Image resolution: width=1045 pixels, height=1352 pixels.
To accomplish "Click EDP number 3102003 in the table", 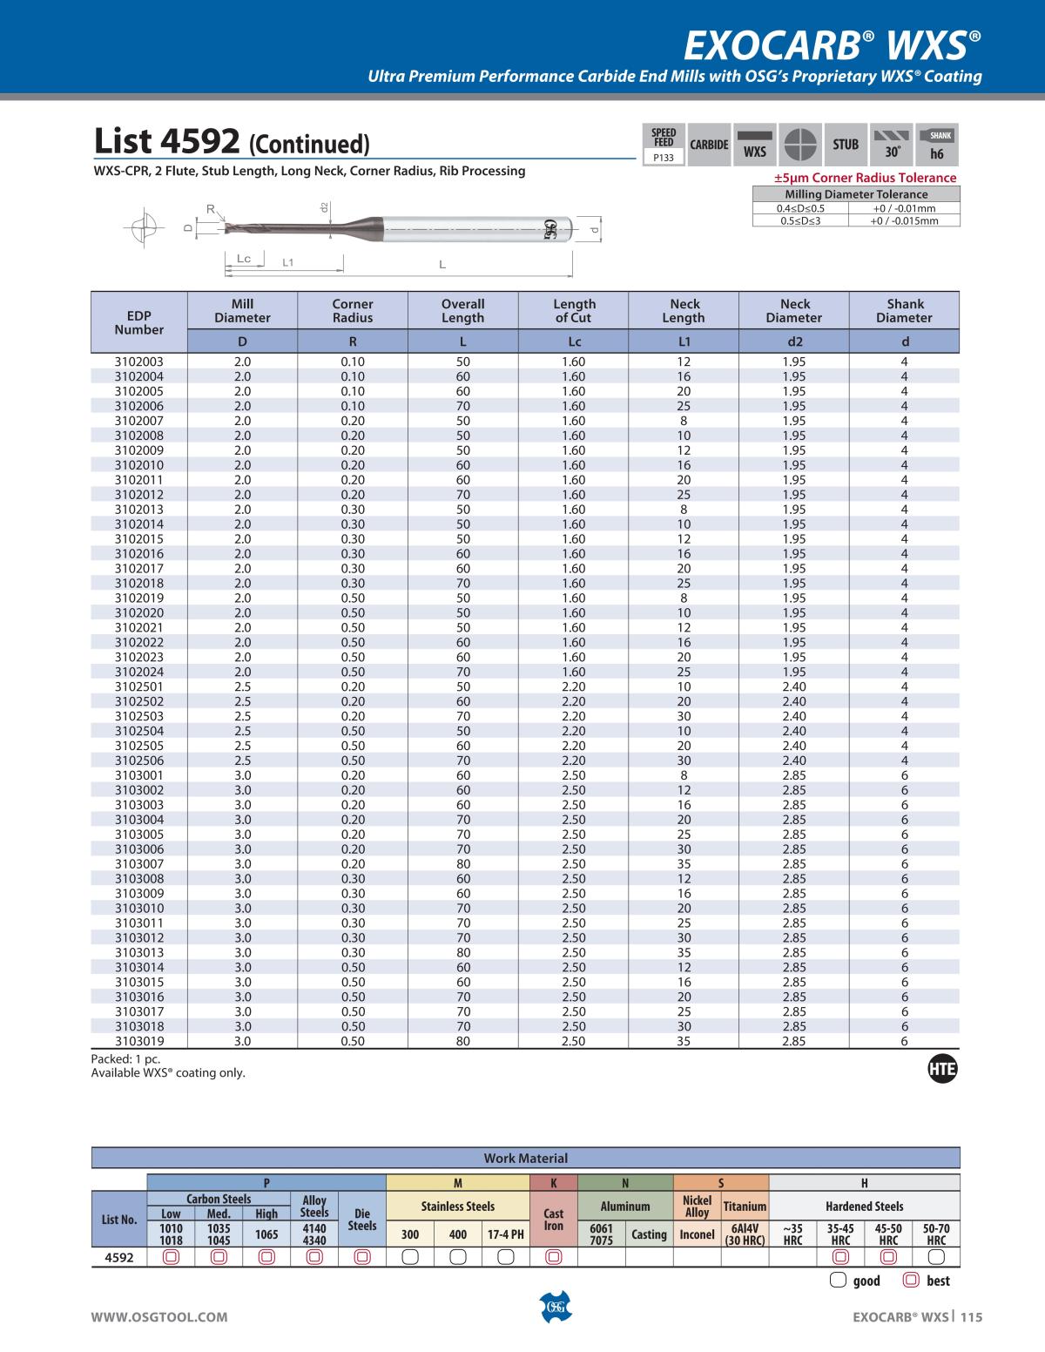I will point(138,362).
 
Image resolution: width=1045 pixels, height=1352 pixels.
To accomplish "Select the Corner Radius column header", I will point(353,311).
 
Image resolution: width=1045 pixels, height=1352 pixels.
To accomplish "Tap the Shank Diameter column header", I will point(905,311).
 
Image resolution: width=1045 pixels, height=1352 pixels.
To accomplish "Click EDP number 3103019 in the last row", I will point(138,1041).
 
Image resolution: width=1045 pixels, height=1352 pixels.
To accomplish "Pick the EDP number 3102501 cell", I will point(138,686).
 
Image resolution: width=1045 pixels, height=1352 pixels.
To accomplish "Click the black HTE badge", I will point(943,1071).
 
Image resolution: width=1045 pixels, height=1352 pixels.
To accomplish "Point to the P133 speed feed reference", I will point(664,158).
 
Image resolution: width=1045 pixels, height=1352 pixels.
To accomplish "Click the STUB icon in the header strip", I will point(846,145).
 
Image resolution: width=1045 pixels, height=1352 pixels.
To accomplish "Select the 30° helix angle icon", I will point(892,145).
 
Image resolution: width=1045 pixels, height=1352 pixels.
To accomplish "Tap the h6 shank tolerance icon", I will point(937,145).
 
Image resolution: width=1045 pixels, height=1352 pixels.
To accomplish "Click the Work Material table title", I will point(525,1159).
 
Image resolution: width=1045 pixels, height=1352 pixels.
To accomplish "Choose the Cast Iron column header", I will point(553,1220).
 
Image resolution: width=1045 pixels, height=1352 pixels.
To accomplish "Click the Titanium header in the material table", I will point(745,1207).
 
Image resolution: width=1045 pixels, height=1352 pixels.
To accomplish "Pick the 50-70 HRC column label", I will point(936,1234).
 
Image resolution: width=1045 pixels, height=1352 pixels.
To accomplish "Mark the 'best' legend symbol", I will point(912,1281).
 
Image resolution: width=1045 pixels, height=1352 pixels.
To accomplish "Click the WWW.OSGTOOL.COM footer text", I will point(159,1317).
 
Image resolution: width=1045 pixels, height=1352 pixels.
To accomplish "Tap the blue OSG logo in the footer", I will point(555,1308).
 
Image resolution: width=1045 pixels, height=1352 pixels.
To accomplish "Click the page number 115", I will point(971,1317).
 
